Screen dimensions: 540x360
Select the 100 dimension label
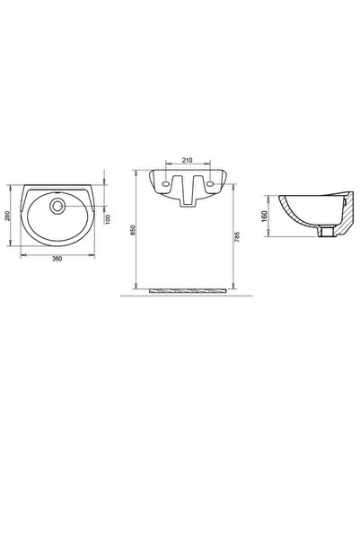108,220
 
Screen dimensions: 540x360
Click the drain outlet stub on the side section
329,235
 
